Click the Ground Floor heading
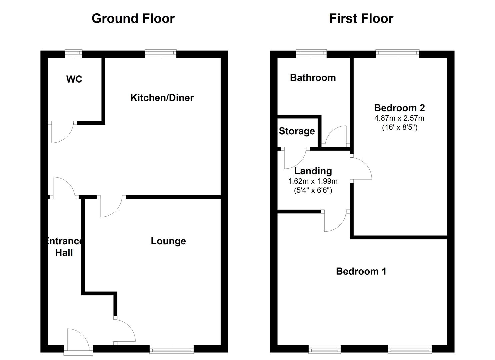(x=133, y=19)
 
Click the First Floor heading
(x=361, y=19)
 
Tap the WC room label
(x=74, y=79)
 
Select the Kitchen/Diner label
(x=162, y=98)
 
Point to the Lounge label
(x=168, y=241)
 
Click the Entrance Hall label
(x=64, y=247)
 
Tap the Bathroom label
(x=313, y=78)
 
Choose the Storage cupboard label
(x=297, y=131)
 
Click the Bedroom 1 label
(x=361, y=271)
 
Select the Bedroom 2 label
(x=399, y=108)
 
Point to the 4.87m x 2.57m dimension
(x=399, y=118)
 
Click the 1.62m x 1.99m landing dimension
(x=313, y=181)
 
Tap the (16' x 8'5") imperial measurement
(x=399, y=127)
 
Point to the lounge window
(x=172, y=349)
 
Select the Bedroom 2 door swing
(x=361, y=168)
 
